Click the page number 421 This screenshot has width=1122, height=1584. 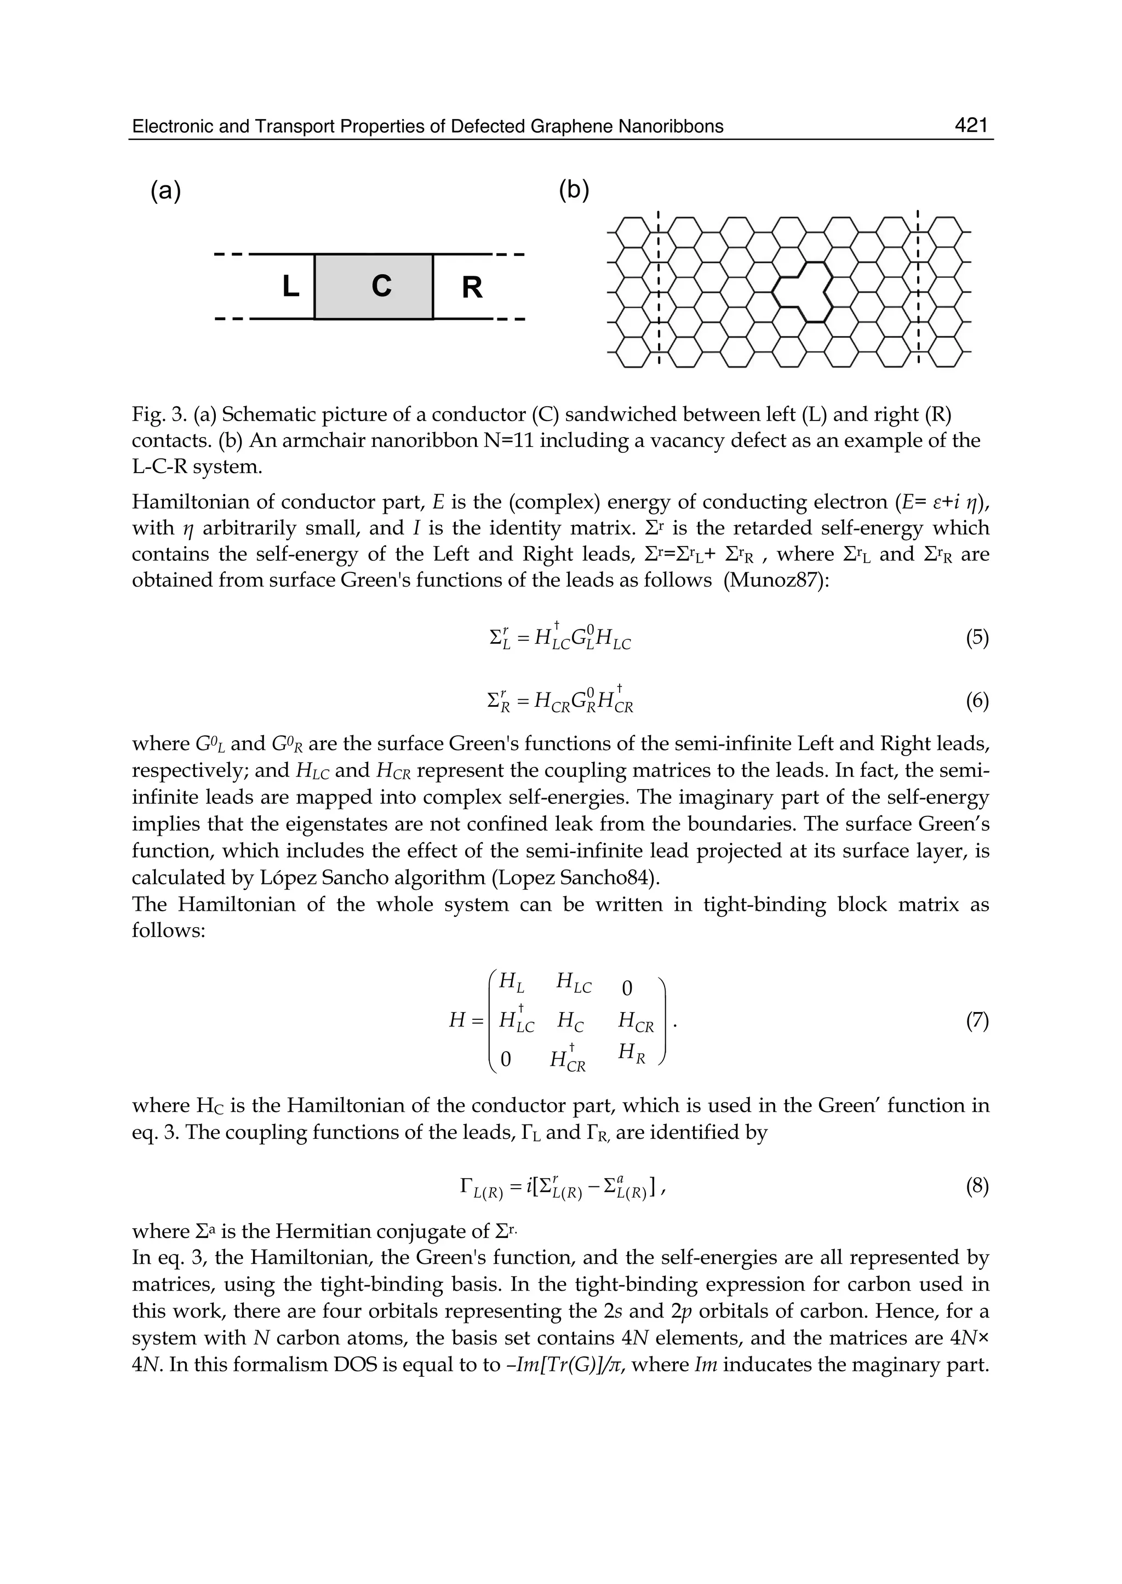click(971, 125)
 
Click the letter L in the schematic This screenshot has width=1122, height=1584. click(291, 286)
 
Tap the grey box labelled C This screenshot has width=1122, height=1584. click(374, 286)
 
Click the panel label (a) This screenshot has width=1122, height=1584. click(166, 190)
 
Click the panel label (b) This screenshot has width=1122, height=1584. click(574, 190)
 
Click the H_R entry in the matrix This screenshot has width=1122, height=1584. click(632, 1053)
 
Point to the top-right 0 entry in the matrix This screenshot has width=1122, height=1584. click(627, 989)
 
